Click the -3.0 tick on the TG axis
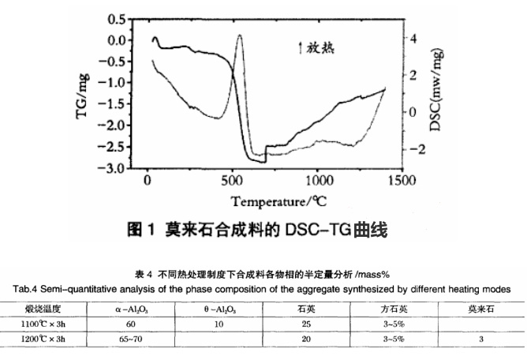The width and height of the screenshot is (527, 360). (x=115, y=169)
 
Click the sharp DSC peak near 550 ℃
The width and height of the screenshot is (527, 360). (x=240, y=35)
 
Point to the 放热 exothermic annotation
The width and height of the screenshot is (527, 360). (x=316, y=48)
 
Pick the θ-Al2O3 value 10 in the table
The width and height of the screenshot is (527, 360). (x=215, y=323)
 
